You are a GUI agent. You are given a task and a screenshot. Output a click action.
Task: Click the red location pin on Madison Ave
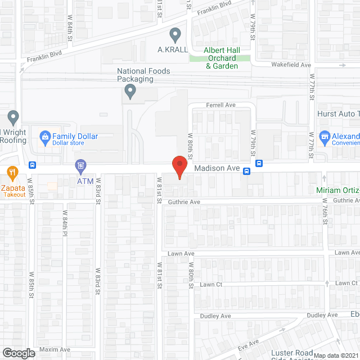(x=179, y=168)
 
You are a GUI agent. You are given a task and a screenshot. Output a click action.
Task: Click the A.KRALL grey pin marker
(x=175, y=35)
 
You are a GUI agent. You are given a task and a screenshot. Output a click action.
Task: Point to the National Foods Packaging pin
(x=130, y=91)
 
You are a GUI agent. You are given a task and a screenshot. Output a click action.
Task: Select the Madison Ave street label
(x=217, y=169)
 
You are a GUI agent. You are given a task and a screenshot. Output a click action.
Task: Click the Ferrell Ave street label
(x=220, y=105)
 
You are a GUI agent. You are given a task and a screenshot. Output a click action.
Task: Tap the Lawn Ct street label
(x=211, y=285)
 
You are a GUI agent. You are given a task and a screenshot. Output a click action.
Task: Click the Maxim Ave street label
(x=55, y=350)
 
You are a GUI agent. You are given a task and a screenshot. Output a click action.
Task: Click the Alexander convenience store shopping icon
(x=324, y=136)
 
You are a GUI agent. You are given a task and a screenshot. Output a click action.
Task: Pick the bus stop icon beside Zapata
(x=33, y=165)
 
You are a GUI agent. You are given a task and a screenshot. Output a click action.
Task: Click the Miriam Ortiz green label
(x=337, y=191)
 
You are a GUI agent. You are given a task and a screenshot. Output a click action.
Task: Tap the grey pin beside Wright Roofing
(x=13, y=119)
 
